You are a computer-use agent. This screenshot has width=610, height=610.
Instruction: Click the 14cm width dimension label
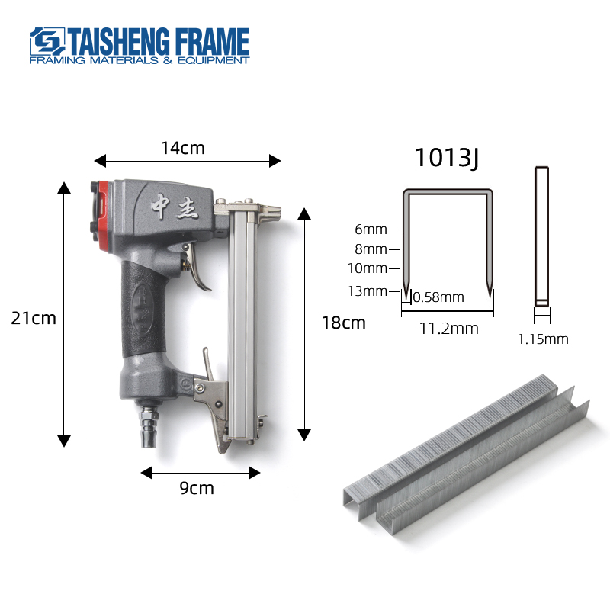coord(182,148)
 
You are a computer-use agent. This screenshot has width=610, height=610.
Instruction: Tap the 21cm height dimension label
coord(34,318)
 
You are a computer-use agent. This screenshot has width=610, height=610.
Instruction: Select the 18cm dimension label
coord(344,323)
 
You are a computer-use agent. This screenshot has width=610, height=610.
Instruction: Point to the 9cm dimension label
coord(197,488)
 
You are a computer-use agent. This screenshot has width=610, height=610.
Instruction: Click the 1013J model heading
coord(447,158)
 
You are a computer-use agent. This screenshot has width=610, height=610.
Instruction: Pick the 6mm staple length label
coord(371,230)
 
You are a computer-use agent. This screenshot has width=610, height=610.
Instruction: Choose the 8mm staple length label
coord(371,249)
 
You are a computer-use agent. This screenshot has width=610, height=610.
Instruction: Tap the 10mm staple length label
coord(368,268)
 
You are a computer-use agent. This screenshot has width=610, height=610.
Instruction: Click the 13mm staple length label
coord(368,291)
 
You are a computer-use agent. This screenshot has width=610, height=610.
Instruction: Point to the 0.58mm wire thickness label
coord(438,297)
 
